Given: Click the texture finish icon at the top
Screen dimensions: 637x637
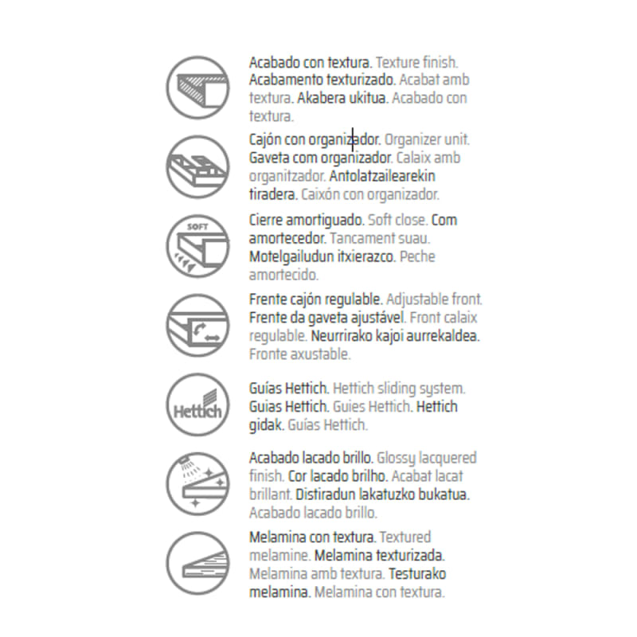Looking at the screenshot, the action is pos(197,88).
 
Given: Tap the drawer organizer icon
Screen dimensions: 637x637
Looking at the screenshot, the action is pos(197,167).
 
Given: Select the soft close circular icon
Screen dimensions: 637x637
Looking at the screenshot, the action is pos(197,246).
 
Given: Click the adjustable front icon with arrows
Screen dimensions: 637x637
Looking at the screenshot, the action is pos(197,326).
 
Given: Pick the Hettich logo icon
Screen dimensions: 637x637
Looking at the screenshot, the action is pos(197,404).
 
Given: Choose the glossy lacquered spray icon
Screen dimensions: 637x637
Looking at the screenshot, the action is pos(197,484).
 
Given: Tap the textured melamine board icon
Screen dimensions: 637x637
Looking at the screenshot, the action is pos(197,564).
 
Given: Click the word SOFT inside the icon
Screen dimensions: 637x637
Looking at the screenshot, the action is pos(197,227).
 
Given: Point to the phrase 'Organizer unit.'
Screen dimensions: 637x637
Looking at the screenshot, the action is pos(427,140).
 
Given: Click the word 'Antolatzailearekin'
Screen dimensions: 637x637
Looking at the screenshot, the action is pos(382,176).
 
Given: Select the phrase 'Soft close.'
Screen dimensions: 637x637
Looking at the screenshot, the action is pos(397,221).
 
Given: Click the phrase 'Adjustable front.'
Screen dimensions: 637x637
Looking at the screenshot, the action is pos(434,299).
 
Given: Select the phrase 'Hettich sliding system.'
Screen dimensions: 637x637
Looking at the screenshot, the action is pos(399,389).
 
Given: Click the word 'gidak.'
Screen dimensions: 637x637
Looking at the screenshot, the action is pos(267,425).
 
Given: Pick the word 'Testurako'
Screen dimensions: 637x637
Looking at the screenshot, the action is pos(417,574).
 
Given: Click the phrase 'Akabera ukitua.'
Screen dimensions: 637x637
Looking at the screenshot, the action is pos(342,98).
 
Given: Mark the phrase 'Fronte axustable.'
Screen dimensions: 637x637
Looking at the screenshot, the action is pos(300,354).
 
